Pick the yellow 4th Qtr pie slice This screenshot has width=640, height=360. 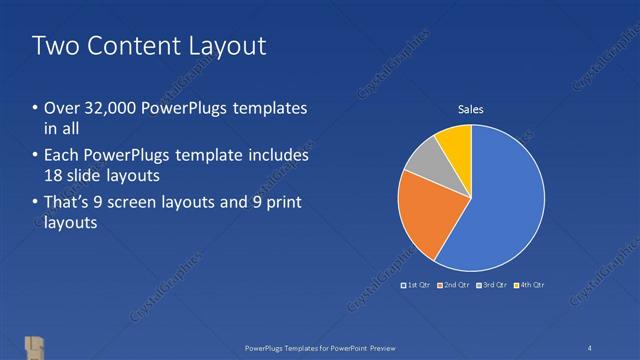click(x=455, y=144)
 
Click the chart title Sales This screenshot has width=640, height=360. click(x=471, y=109)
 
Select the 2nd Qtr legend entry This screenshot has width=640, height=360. click(x=456, y=285)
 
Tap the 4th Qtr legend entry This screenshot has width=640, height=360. click(x=531, y=285)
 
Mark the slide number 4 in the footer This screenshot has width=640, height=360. click(x=590, y=347)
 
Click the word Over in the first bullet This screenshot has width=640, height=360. click(x=61, y=108)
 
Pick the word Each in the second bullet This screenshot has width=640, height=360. click(x=62, y=156)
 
